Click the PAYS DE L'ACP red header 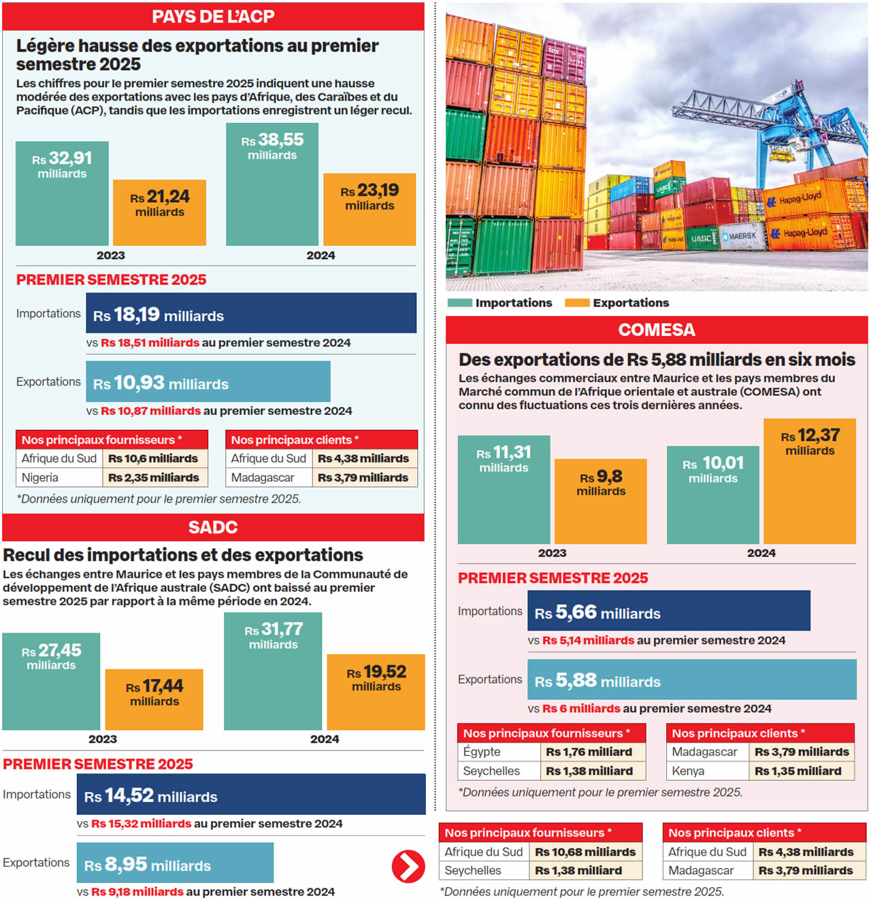[x=213, y=16]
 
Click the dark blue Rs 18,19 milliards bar [x=251, y=313]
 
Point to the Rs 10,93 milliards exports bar [x=208, y=382]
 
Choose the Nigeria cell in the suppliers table [x=59, y=478]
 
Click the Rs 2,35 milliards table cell [x=155, y=478]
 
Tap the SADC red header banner [x=213, y=527]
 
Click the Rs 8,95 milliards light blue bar [x=175, y=863]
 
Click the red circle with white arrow [x=408, y=866]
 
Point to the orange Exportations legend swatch [x=576, y=303]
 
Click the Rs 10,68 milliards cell [x=585, y=852]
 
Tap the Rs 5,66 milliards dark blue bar [x=669, y=611]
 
